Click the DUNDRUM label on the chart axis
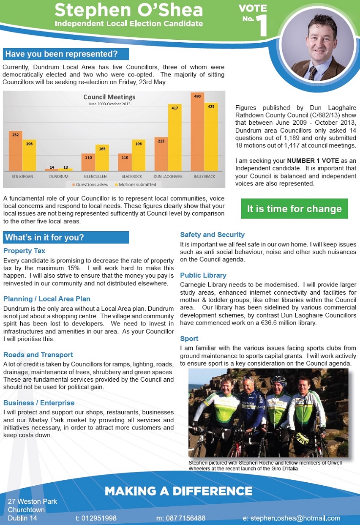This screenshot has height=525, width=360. pos(59,176)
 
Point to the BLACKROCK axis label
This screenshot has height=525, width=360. pos(131,176)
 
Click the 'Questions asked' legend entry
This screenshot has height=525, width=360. pos(91,184)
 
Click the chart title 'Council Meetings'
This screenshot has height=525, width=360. pos(109,97)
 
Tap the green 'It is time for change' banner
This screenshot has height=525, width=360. pos(294,209)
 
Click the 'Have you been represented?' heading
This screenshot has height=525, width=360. pos(66,54)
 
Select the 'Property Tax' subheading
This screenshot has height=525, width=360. pos(24,251)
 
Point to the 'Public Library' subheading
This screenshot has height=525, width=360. pos(203,276)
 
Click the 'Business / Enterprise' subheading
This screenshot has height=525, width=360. pos(39,403)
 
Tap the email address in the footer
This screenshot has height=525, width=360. pos(292,518)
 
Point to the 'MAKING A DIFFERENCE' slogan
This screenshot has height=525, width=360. pos(178,491)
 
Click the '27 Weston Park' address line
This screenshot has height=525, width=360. pos(33,501)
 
